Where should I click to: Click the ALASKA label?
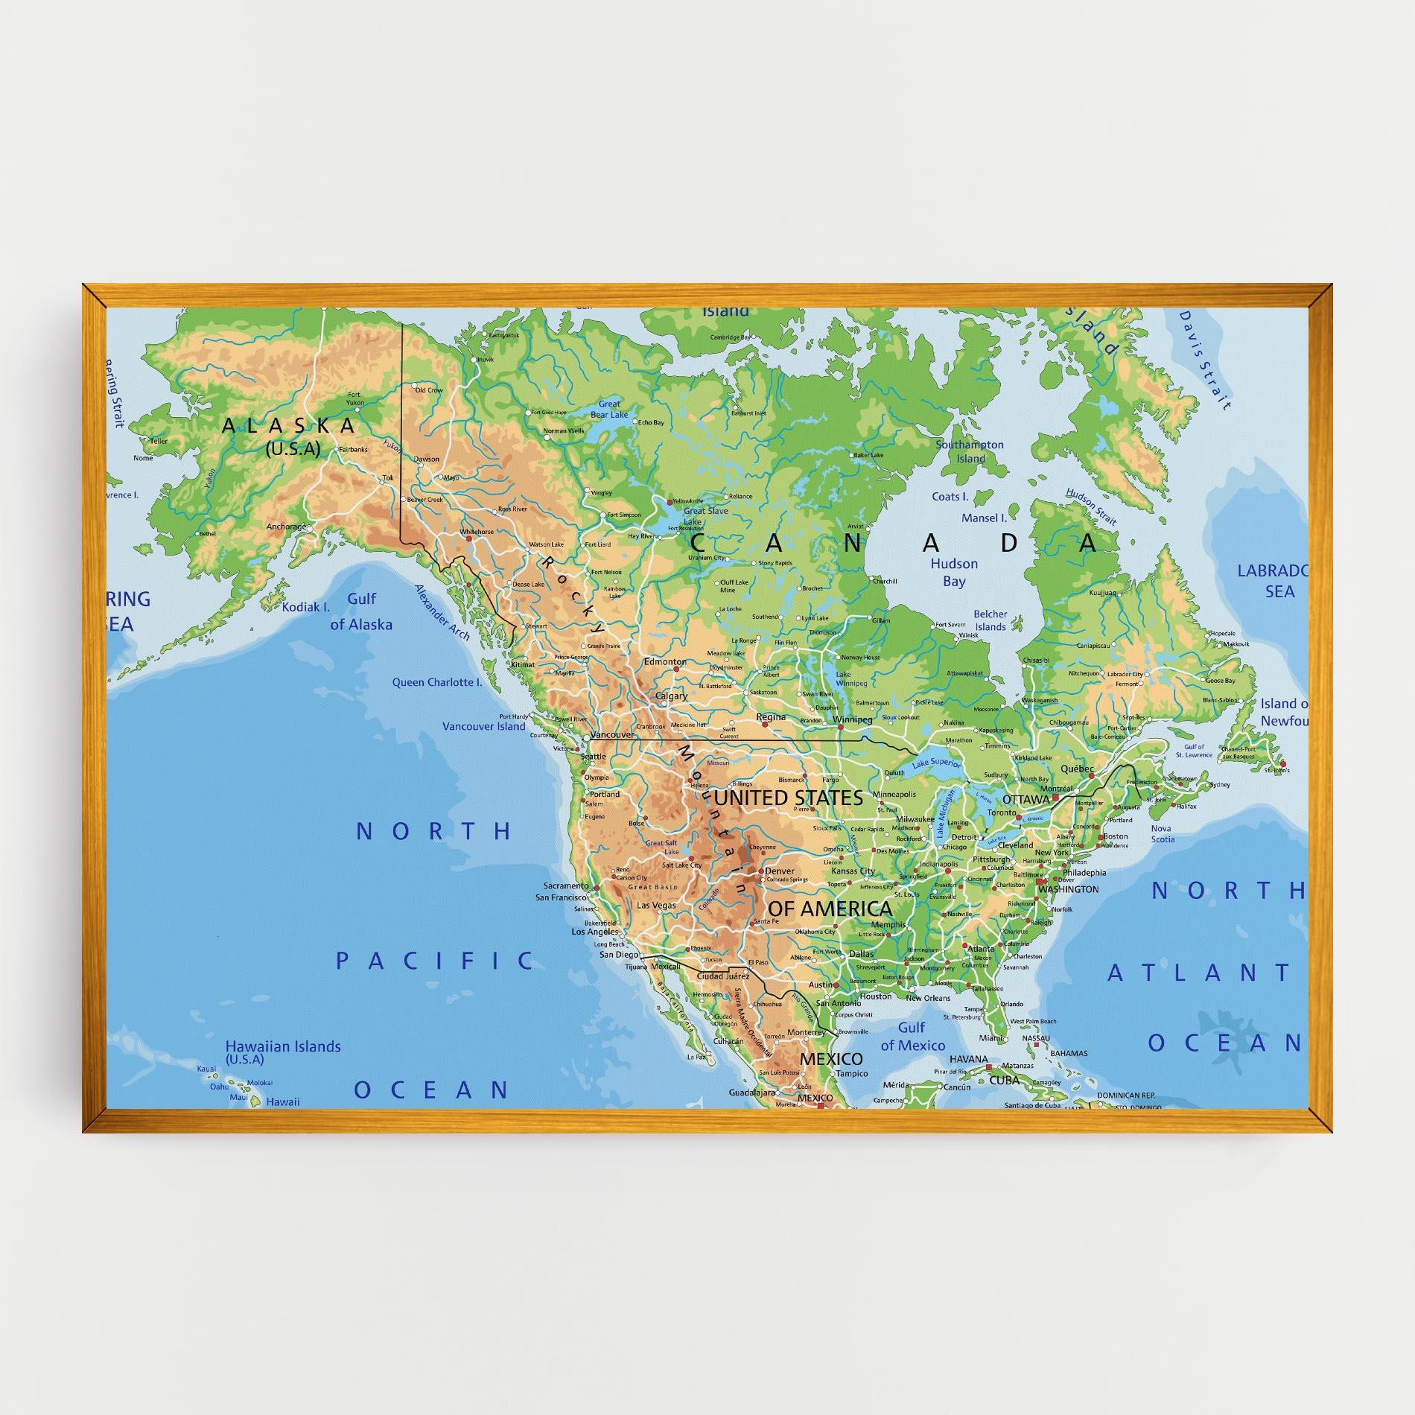coord(289,426)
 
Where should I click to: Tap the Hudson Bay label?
coord(953,572)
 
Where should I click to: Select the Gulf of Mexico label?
coord(912,1037)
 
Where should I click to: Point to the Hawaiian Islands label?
coord(283,1046)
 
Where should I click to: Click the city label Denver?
coord(780,871)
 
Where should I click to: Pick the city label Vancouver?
coord(611,734)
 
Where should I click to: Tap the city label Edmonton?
coord(665,661)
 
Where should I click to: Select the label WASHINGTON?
coord(1068,889)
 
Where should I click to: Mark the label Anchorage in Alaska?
coord(287,527)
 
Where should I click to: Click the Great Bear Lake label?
coord(609,410)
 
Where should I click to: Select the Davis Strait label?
coord(1203,360)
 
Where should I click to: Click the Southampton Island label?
coord(970,451)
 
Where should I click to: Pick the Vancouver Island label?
coord(484,726)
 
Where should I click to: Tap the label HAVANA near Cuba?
coord(968,1059)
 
